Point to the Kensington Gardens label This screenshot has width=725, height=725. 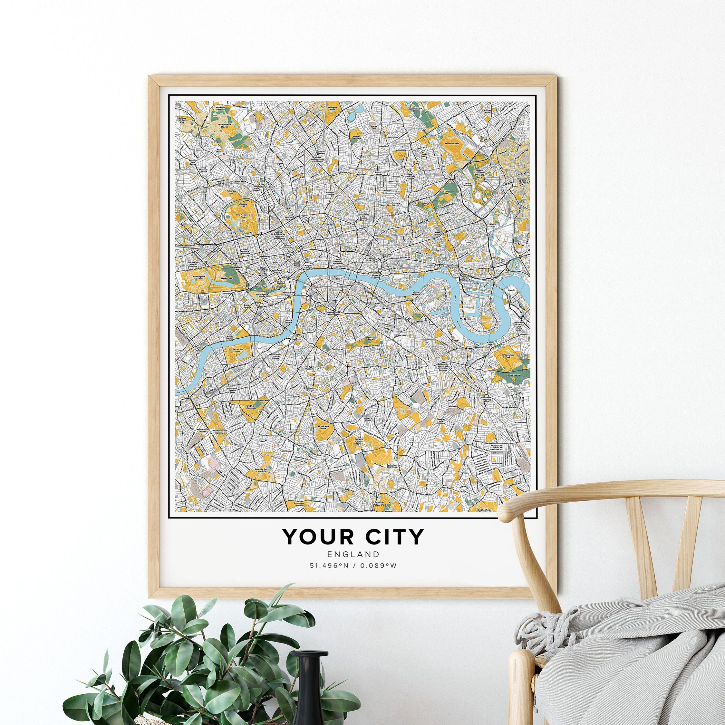198,278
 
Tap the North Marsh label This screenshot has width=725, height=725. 451,144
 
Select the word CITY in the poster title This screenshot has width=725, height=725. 394,537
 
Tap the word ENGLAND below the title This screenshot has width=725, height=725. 353,554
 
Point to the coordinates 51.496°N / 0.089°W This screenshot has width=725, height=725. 353,565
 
